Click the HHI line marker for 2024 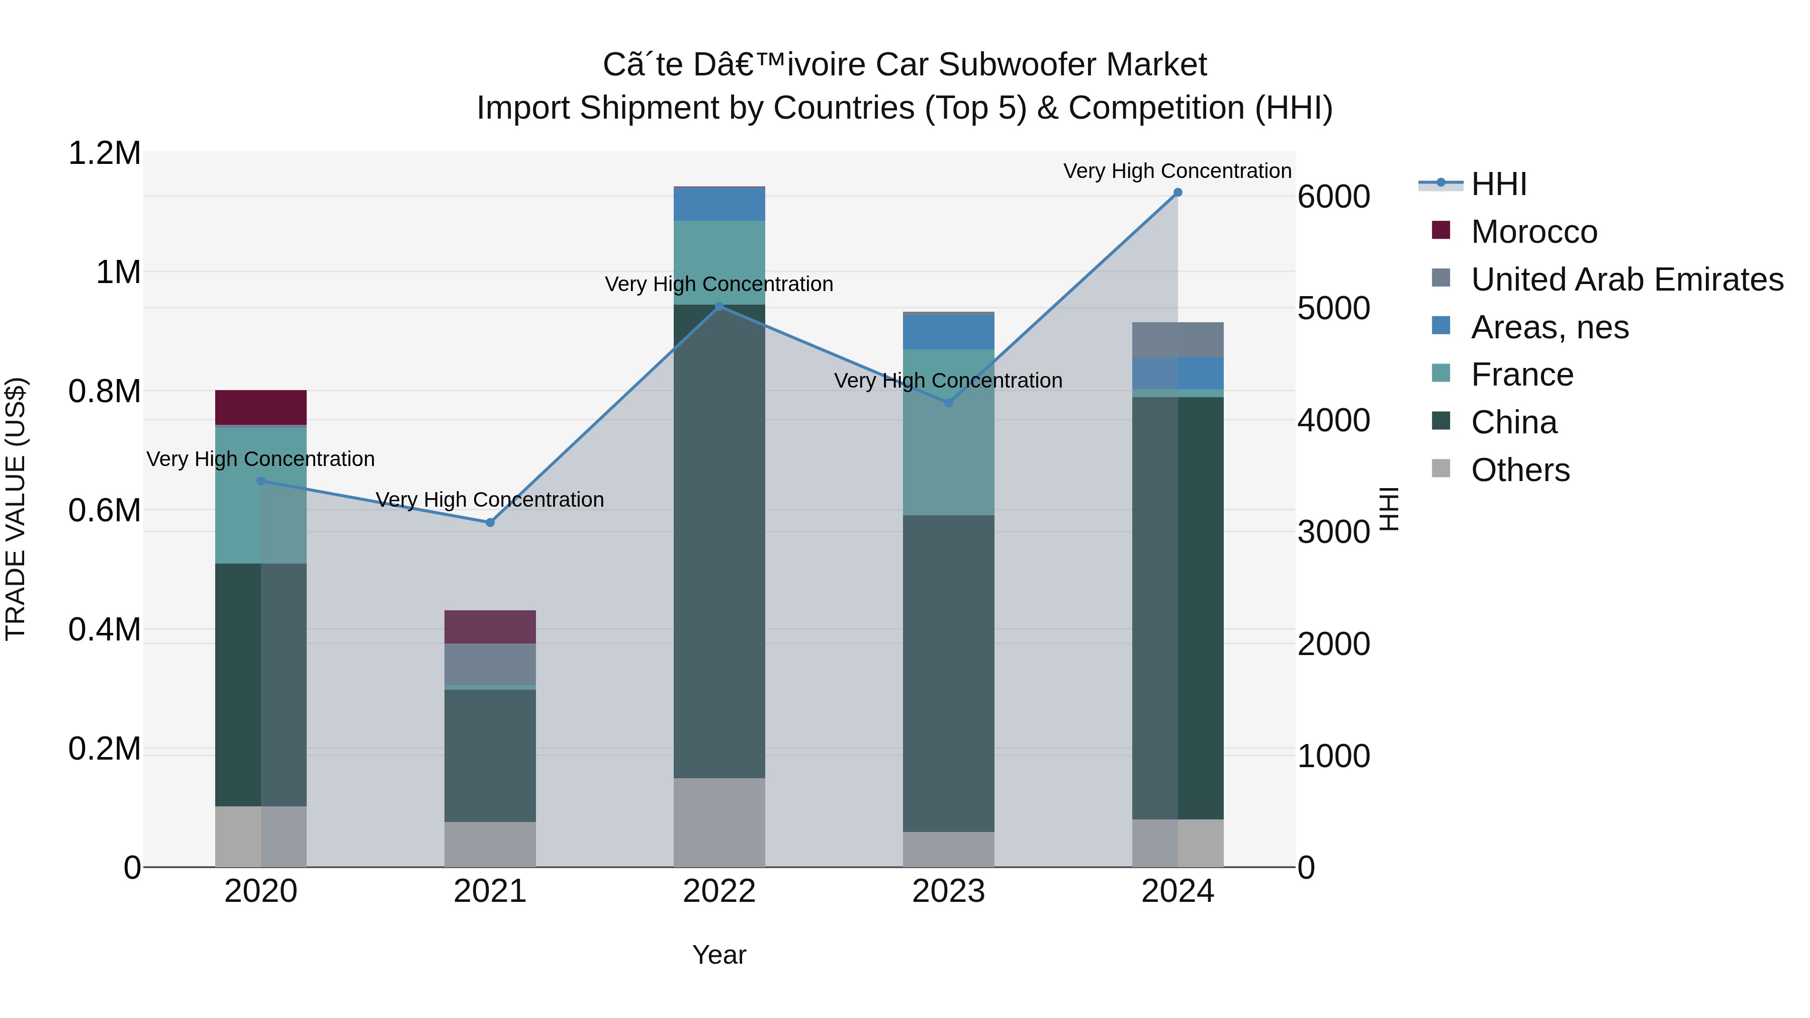pos(1178,193)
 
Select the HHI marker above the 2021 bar pos(490,523)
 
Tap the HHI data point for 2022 pos(719,306)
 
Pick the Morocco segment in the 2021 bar pos(490,627)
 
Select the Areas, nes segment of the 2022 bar pos(719,204)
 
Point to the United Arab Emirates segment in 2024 pos(1178,339)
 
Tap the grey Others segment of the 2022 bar pos(719,822)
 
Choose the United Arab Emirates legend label pos(1626,280)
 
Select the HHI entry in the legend pos(1498,184)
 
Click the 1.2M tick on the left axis pos(105,153)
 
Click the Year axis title pos(719,955)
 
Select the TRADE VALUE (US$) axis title pos(16,509)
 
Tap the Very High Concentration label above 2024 pos(1177,171)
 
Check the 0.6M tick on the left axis pos(105,511)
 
